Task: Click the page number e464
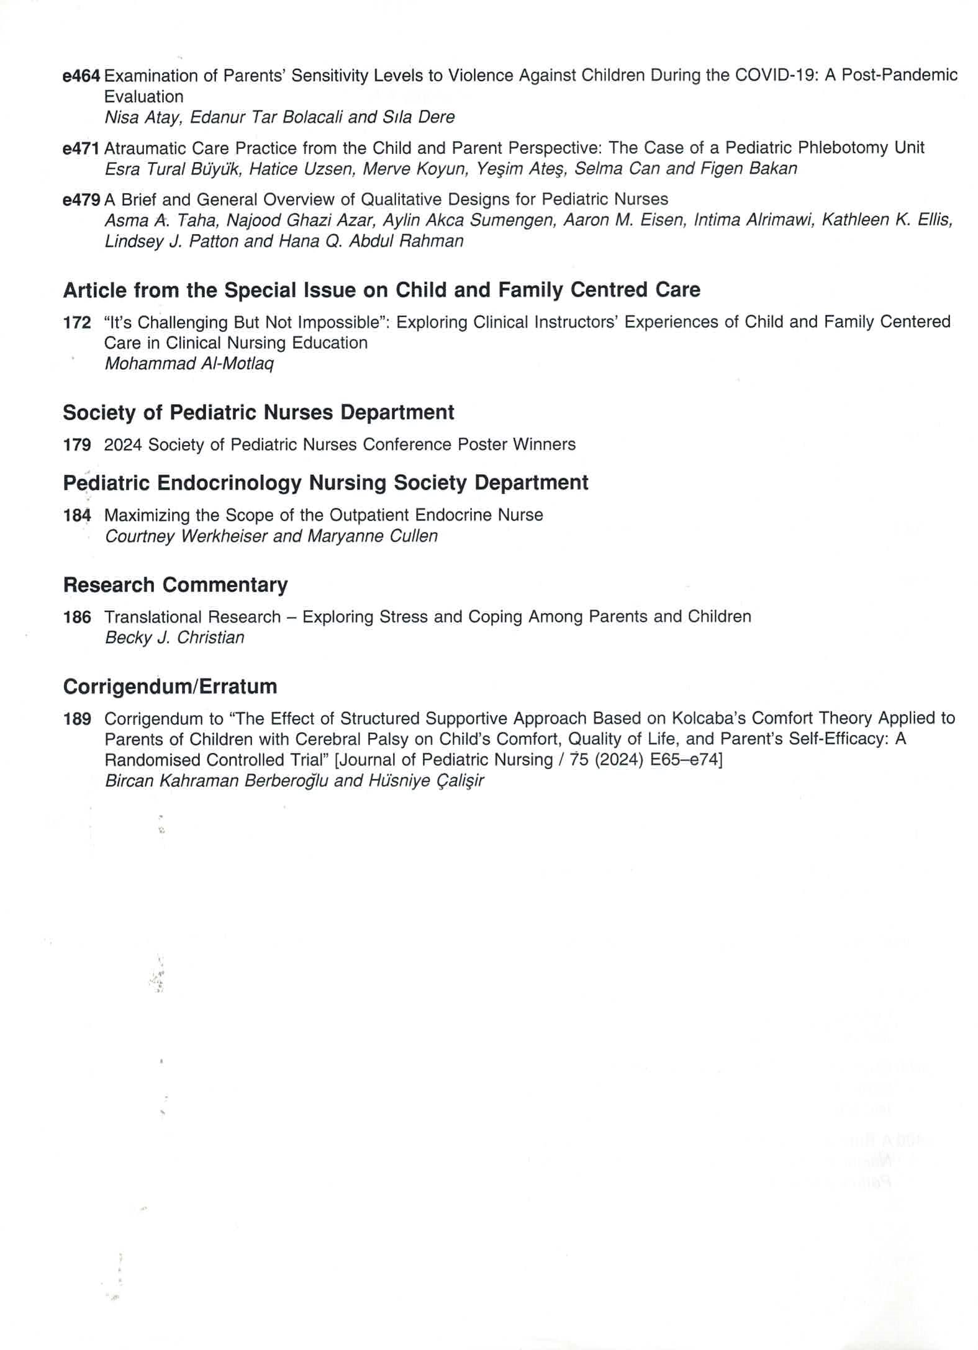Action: pyautogui.click(x=81, y=76)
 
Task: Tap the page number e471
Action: pyautogui.click(x=81, y=148)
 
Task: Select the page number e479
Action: pyautogui.click(x=81, y=200)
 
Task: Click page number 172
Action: pyautogui.click(x=77, y=323)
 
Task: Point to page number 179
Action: pyautogui.click(x=77, y=445)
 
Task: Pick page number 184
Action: pyautogui.click(x=77, y=516)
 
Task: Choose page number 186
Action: pyautogui.click(x=77, y=618)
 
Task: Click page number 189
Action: pyautogui.click(x=77, y=719)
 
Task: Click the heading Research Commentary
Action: pyautogui.click(x=175, y=585)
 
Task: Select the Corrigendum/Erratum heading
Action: pyautogui.click(x=170, y=687)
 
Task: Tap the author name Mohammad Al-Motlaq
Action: pyautogui.click(x=189, y=364)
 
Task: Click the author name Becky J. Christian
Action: pyautogui.click(x=174, y=638)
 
